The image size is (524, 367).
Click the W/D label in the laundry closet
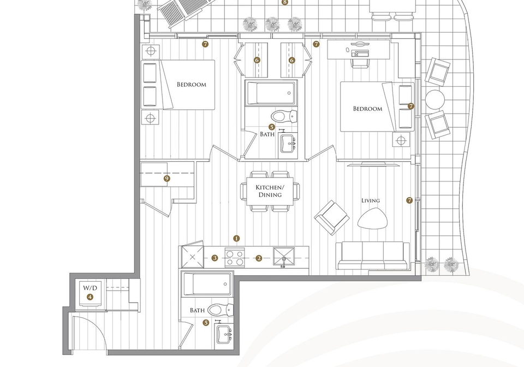[90, 288]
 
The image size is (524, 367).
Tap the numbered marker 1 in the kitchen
[236, 238]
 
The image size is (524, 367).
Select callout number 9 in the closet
[167, 179]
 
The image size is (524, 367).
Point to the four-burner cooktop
[235, 258]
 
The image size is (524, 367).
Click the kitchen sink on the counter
[284, 258]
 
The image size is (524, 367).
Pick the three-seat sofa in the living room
[373, 256]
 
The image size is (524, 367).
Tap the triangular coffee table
[373, 218]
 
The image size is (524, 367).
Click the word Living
[370, 200]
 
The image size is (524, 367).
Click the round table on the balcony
[435, 99]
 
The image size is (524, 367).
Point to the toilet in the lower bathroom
[220, 310]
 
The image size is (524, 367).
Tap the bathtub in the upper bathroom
[271, 93]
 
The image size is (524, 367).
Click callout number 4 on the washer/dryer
[90, 297]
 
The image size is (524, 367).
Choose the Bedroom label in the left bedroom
[192, 85]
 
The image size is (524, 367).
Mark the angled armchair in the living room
[332, 217]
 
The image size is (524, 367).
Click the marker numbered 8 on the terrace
[285, 3]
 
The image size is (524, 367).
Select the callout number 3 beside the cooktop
[215, 258]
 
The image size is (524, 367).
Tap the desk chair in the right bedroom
[360, 62]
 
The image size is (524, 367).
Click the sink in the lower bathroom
[224, 334]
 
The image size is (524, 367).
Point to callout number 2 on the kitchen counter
[259, 258]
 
